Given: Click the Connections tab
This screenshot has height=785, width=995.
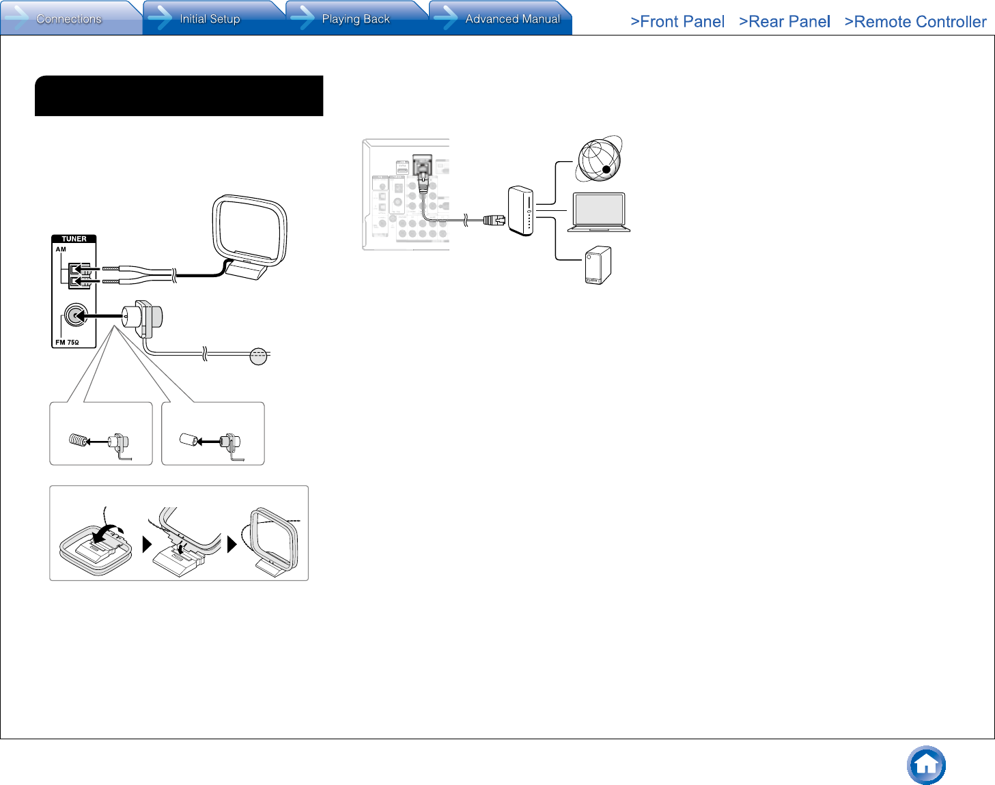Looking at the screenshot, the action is (x=69, y=18).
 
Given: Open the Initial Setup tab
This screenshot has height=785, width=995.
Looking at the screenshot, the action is (x=210, y=18).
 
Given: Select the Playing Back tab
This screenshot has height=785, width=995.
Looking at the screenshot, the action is (x=355, y=18).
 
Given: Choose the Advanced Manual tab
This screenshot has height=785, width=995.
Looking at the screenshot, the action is (x=512, y=18).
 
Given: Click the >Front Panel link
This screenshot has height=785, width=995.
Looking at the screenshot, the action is (x=677, y=22).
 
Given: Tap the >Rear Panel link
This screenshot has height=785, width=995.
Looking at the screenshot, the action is (x=785, y=22).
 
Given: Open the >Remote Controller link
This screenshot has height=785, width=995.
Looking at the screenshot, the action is (x=915, y=22).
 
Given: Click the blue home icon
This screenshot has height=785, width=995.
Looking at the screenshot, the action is (x=926, y=765).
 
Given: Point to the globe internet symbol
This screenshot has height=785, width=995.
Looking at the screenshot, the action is (x=599, y=159).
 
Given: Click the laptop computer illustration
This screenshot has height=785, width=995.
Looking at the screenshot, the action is (x=599, y=212).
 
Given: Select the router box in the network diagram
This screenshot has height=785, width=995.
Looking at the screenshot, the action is (x=520, y=211).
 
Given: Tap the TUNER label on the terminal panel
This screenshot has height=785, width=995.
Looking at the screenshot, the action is (x=74, y=239).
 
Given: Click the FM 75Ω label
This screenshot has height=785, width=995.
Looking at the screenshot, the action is (x=67, y=343).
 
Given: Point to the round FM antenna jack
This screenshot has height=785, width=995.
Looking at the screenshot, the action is (x=75, y=315).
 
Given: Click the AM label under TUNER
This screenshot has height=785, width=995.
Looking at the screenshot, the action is (x=61, y=249).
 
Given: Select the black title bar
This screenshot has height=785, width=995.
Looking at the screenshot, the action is (x=179, y=96).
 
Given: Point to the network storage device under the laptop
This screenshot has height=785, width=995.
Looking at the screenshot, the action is (x=598, y=266).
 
